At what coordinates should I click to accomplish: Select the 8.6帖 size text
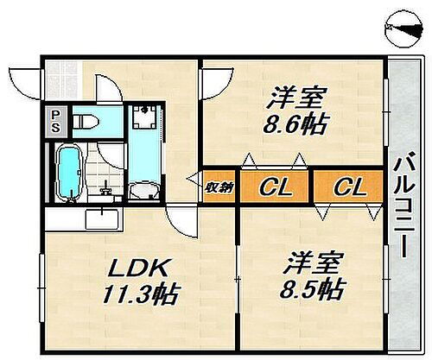tap(294, 124)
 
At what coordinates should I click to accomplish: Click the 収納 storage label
tap(216, 186)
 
